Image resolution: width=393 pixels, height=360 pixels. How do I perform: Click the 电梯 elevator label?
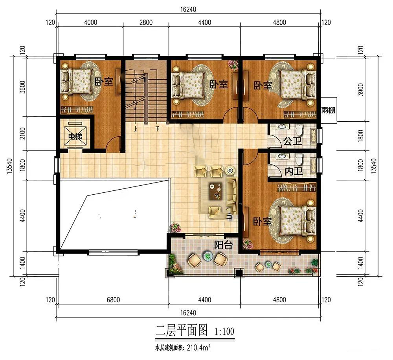(x=75, y=137)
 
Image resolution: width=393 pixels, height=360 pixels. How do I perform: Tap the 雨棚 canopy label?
(x=328, y=110)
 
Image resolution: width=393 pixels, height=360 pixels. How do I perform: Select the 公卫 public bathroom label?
(x=292, y=141)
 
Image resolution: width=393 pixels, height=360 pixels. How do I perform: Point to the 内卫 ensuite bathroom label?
(x=294, y=171)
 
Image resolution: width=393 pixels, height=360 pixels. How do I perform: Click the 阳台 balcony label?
(x=223, y=245)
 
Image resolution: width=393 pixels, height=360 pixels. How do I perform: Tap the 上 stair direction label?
(x=135, y=130)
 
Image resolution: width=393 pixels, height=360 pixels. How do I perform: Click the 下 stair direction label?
(x=157, y=129)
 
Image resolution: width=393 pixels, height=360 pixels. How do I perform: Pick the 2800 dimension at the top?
(x=146, y=22)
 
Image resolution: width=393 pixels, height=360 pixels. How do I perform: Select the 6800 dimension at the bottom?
(x=113, y=300)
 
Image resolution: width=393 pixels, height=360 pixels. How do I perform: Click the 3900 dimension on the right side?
(x=361, y=90)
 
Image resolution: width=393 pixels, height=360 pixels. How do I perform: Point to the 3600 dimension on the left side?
(x=22, y=87)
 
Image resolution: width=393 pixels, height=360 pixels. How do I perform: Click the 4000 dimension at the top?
(x=91, y=22)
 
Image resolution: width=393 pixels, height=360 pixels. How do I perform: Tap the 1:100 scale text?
(x=224, y=331)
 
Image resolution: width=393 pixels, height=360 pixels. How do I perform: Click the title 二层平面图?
(x=182, y=330)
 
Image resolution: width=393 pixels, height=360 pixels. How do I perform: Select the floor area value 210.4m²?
(x=198, y=348)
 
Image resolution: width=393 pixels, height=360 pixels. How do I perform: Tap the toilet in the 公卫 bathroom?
(x=299, y=130)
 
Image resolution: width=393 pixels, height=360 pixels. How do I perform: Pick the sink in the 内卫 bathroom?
(x=283, y=157)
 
